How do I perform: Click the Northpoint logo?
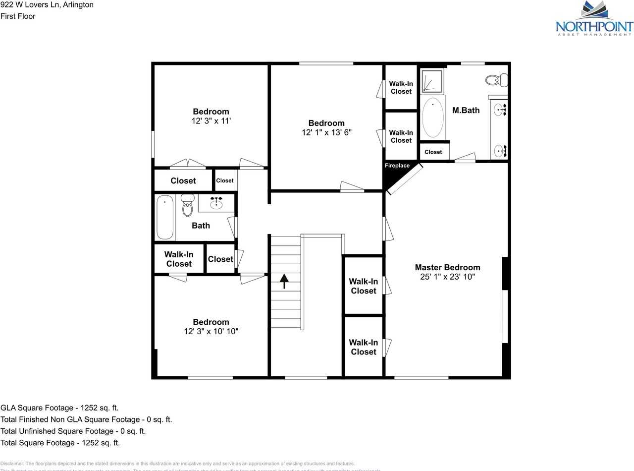click(594, 18)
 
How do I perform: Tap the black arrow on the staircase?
click(285, 281)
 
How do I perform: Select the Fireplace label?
click(397, 166)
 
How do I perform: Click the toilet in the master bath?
click(496, 79)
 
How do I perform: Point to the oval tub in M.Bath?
click(433, 118)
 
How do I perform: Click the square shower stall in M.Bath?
click(432, 81)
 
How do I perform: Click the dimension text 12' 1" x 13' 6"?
click(326, 132)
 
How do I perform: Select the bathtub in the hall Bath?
click(165, 217)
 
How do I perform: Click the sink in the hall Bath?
click(216, 203)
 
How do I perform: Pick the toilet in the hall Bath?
click(187, 206)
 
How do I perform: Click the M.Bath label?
click(466, 110)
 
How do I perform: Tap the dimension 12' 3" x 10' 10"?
click(211, 331)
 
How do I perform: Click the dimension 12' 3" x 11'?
click(211, 121)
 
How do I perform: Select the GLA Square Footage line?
click(59, 408)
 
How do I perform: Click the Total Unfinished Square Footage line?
click(73, 431)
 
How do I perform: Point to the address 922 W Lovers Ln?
click(47, 5)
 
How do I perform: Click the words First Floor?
click(18, 16)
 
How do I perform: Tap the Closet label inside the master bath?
click(433, 152)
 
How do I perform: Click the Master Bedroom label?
click(447, 267)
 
